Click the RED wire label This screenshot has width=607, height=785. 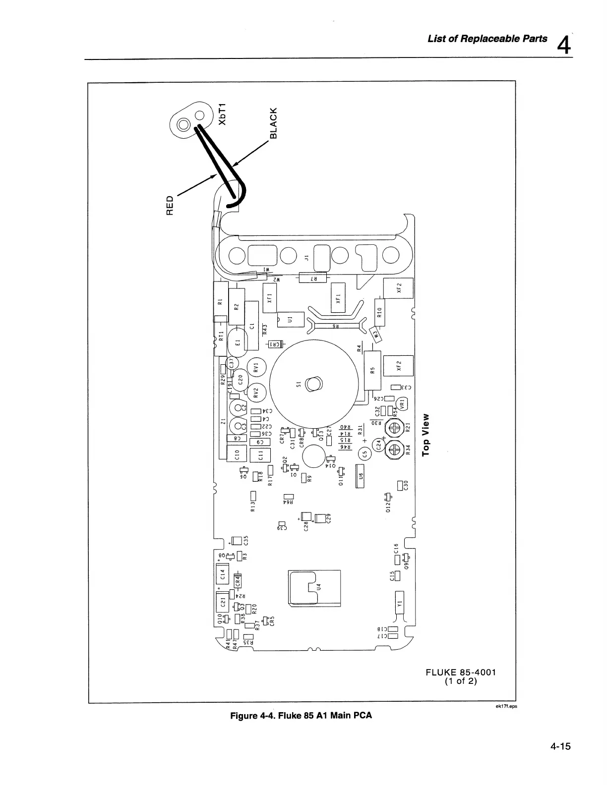point(170,205)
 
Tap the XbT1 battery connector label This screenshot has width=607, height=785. point(223,114)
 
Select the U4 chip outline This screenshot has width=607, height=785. point(314,588)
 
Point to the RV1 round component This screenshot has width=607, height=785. point(256,367)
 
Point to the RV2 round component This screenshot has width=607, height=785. point(256,393)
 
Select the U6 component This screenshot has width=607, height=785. point(361,475)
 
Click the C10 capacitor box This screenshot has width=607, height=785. point(236,452)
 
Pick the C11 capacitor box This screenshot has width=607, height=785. point(261,454)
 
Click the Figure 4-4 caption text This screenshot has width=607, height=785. point(300,715)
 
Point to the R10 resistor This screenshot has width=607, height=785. point(379,312)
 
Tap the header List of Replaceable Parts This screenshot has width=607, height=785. point(487,39)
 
